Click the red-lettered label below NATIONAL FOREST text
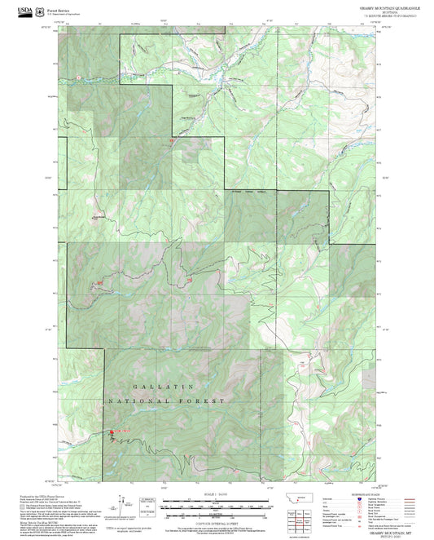120,431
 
